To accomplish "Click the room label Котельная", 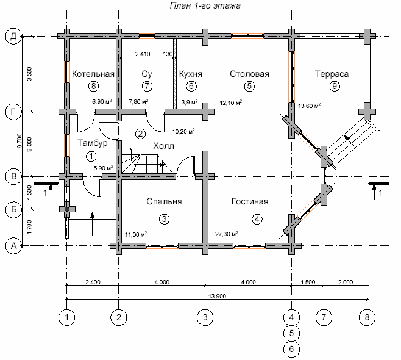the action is click(x=93, y=74).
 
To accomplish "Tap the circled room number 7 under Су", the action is click(x=147, y=86).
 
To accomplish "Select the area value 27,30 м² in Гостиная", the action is click(x=227, y=234).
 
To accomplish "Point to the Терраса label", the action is click(x=332, y=74).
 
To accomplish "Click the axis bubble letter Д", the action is click(x=13, y=37).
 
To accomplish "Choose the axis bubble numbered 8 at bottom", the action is click(x=367, y=317).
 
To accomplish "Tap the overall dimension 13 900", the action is click(x=218, y=297).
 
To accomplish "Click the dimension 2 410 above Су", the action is click(x=143, y=54).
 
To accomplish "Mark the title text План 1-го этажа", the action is click(x=205, y=5).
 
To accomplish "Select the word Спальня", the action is click(x=164, y=201).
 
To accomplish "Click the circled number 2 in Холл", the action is click(x=140, y=134).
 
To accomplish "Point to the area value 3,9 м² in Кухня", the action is click(x=190, y=102).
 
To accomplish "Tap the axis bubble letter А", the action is click(x=13, y=246).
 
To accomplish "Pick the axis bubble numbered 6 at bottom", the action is click(x=291, y=349).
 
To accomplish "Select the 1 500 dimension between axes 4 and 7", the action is click(x=308, y=282).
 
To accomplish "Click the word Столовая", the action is click(x=249, y=74).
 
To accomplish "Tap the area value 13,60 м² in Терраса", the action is click(x=310, y=106).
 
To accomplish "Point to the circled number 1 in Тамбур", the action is click(x=91, y=156).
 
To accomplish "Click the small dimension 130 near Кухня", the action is click(x=168, y=54).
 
